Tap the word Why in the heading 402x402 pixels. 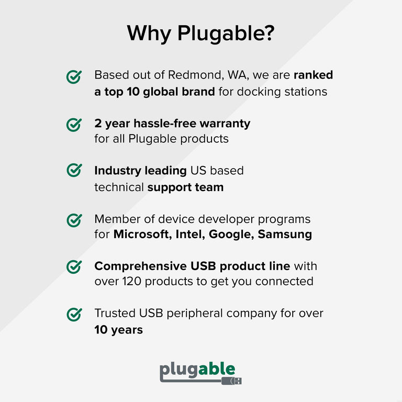[150, 33]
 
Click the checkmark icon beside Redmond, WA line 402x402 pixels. [74, 77]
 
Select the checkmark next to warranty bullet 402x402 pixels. [74, 125]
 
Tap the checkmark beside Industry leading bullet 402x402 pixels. [74, 170]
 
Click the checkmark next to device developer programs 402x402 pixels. [74, 220]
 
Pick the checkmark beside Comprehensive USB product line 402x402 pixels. [74, 266]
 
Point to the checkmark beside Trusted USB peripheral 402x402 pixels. [74, 314]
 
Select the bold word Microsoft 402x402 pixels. [140, 234]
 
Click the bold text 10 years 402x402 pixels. [118, 330]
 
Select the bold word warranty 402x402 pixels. [225, 124]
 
